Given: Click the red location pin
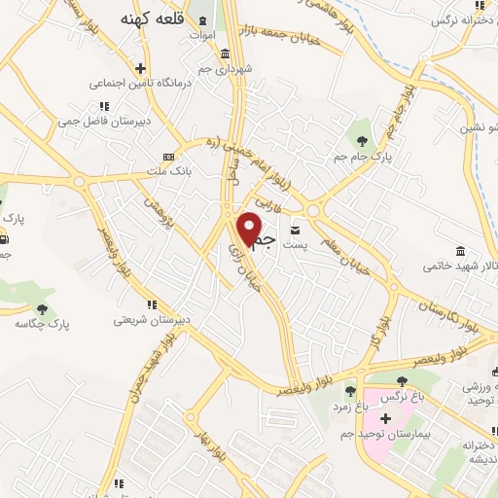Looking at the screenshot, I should [251, 228].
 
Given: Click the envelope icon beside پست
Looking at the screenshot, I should [295, 231].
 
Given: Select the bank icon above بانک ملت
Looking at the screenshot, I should [169, 156].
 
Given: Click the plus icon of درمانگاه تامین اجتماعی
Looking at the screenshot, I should [141, 68].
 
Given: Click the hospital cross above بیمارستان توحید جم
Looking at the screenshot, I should [385, 418].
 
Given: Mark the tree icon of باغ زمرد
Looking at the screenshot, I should [350, 391].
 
